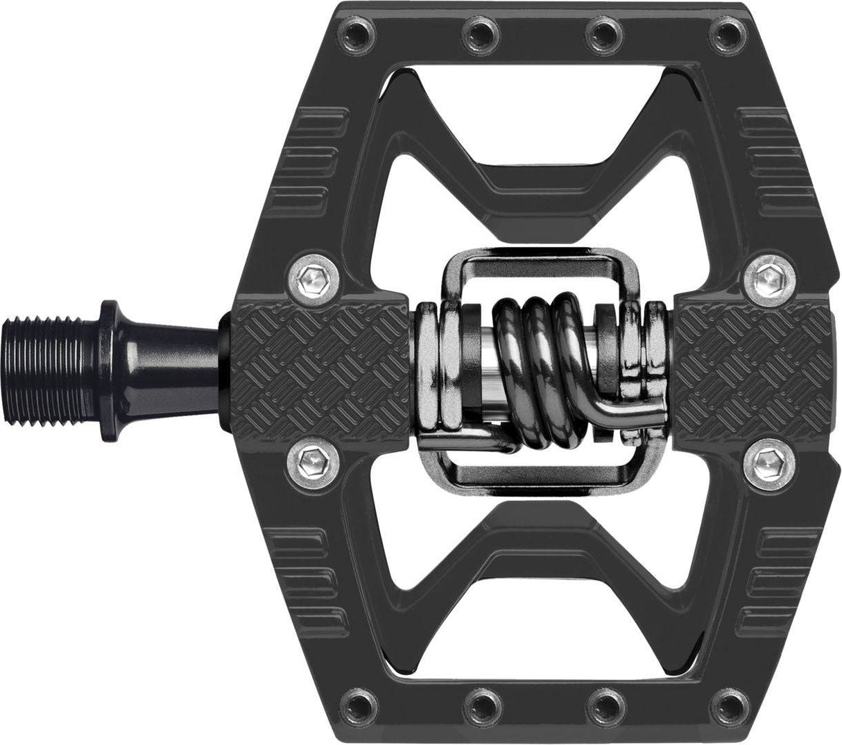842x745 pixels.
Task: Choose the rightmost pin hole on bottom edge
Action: point(722,715)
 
